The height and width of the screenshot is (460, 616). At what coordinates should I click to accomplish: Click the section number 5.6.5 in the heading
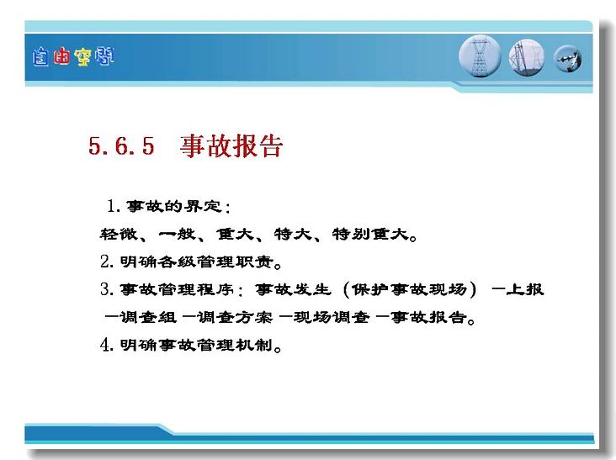[121, 146]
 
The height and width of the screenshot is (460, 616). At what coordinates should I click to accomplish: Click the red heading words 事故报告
[231, 146]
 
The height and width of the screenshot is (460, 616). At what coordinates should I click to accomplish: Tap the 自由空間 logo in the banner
[73, 57]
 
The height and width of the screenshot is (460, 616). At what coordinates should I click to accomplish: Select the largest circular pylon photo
[480, 56]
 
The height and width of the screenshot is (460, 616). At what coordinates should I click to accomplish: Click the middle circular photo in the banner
[527, 57]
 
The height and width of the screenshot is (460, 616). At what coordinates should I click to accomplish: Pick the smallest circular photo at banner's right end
[568, 59]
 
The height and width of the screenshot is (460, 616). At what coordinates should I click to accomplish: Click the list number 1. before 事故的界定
[114, 206]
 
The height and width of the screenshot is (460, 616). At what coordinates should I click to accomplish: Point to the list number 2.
[107, 262]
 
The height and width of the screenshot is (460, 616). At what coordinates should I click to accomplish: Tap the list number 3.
[107, 289]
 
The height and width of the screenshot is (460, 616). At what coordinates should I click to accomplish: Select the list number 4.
[107, 345]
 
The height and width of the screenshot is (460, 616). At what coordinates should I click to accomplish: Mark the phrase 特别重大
[370, 234]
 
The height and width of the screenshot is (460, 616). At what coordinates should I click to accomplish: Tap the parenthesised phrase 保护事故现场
[409, 289]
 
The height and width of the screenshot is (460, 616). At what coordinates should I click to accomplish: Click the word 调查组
[148, 317]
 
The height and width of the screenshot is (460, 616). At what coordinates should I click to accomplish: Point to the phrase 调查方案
[235, 317]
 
